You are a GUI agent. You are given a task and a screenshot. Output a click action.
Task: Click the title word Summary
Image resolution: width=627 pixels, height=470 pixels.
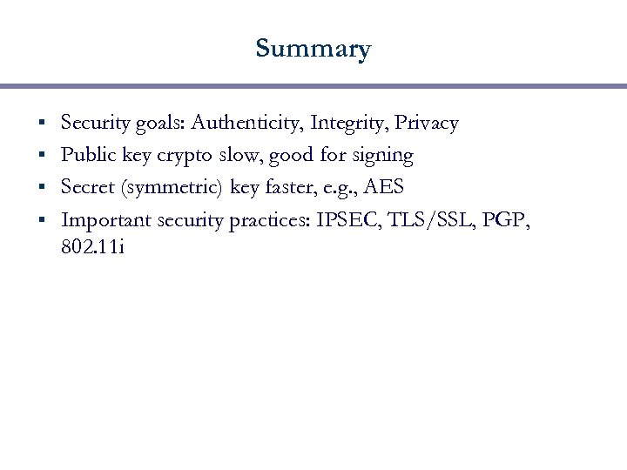313,49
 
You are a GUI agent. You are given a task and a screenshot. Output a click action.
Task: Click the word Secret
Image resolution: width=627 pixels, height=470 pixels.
88,187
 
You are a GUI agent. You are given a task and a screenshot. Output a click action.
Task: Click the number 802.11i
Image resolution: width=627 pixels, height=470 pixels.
93,247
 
